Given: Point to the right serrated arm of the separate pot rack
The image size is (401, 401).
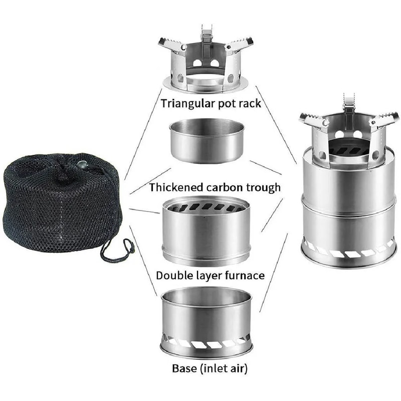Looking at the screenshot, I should pyautogui.click(x=239, y=45).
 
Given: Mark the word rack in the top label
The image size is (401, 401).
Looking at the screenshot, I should pyautogui.click(x=250, y=104).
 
